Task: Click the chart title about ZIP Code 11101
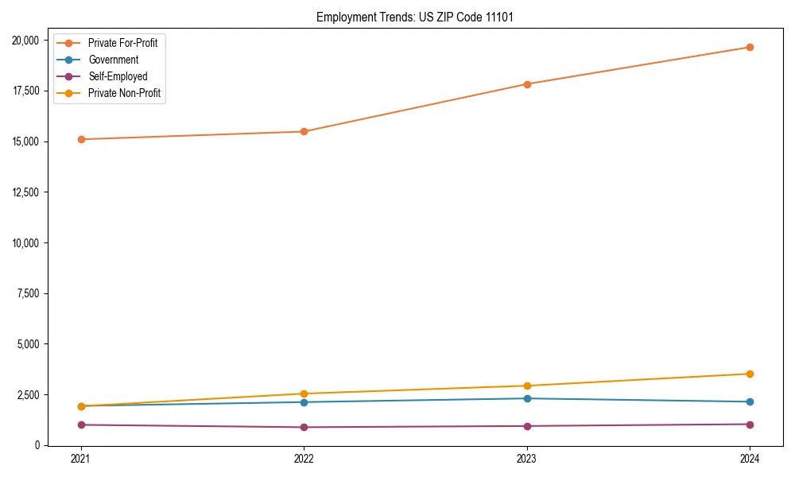pyautogui.click(x=409, y=17)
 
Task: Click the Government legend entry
pyautogui.click(x=113, y=60)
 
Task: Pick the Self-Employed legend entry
pyautogui.click(x=118, y=77)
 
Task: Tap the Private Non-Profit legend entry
pyautogui.click(x=124, y=94)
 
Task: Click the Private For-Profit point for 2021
pyautogui.click(x=80, y=140)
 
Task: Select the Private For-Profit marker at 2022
pyautogui.click(x=304, y=132)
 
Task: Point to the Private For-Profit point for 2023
pyautogui.click(x=527, y=84)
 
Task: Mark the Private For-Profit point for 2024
pyautogui.click(x=750, y=48)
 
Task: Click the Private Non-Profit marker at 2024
pyautogui.click(x=750, y=374)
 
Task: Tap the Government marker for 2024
pyautogui.click(x=750, y=402)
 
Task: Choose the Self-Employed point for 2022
pyautogui.click(x=304, y=428)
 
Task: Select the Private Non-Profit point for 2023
pyautogui.click(x=527, y=386)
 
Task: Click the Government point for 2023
pyautogui.click(x=527, y=398)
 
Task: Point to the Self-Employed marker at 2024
pyautogui.click(x=750, y=425)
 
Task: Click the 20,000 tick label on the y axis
pyautogui.click(x=28, y=41)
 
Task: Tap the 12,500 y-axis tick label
pyautogui.click(x=28, y=192)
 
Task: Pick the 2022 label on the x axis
pyautogui.click(x=304, y=459)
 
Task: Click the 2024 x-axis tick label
pyautogui.click(x=750, y=459)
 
